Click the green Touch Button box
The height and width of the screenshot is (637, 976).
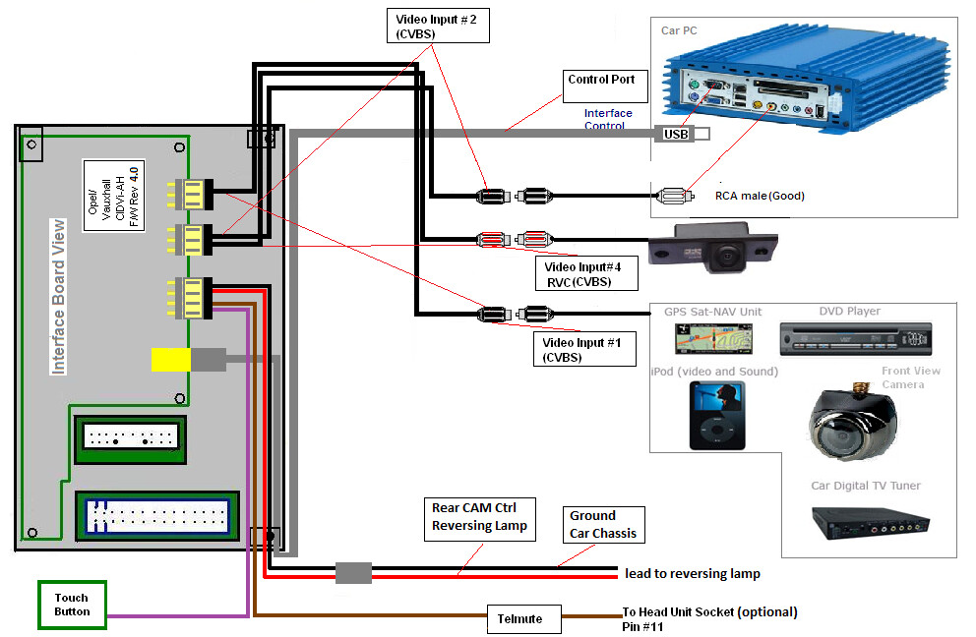pos(71,605)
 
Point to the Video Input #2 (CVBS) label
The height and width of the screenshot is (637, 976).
pos(436,25)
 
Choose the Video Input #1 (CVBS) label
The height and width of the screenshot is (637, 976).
pos(584,349)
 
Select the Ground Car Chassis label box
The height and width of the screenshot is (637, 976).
pos(603,524)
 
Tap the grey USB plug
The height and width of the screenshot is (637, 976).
pos(677,134)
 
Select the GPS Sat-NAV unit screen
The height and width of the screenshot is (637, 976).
pos(705,339)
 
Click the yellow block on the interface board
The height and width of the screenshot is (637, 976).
pos(170,359)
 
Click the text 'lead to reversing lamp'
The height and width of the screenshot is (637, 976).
pos(693,573)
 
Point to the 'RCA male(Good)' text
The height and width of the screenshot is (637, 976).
pos(759,196)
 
